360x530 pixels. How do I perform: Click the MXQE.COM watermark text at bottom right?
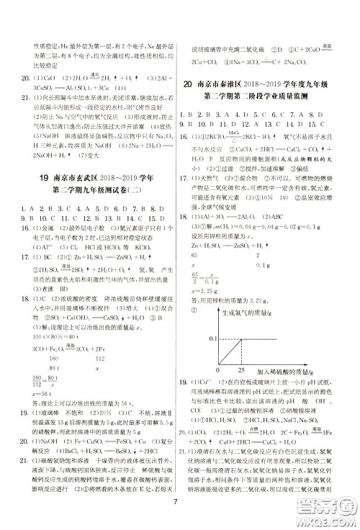(328, 520)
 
